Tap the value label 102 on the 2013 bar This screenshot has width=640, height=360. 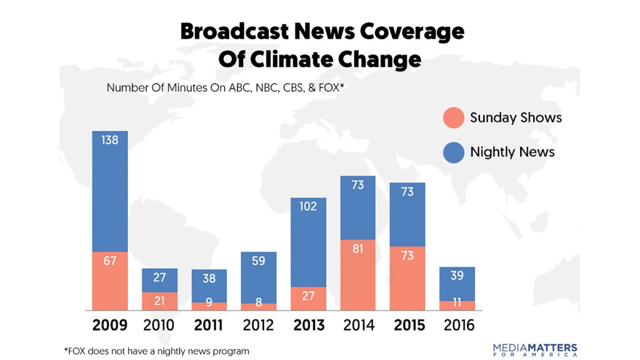(308, 206)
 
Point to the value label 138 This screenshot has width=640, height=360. (109, 140)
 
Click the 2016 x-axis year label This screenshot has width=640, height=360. (457, 325)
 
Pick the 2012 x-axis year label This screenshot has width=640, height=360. (258, 325)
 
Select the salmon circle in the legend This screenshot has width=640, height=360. (453, 118)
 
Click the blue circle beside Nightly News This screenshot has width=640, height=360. (453, 152)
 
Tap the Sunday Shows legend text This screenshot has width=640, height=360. (515, 118)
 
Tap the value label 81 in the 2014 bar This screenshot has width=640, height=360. (357, 249)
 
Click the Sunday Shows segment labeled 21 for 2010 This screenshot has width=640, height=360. (159, 301)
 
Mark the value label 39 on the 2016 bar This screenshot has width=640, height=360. (457, 276)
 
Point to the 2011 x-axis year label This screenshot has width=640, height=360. (209, 325)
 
